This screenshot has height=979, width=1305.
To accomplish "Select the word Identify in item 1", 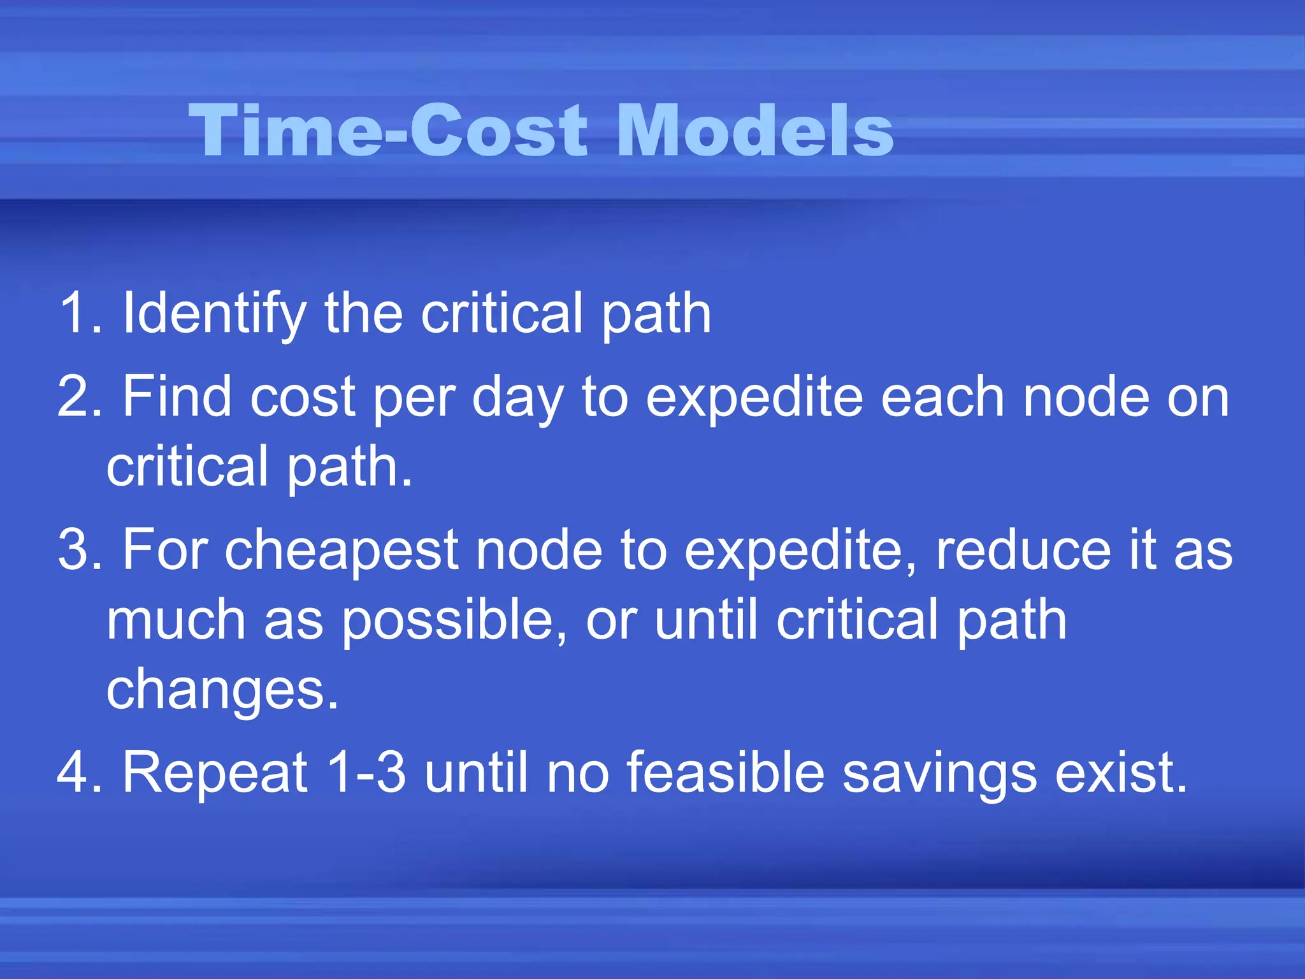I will coord(214,314).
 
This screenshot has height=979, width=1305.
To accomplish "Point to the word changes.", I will coord(222,692).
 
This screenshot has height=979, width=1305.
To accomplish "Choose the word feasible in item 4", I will coord(726,772).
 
